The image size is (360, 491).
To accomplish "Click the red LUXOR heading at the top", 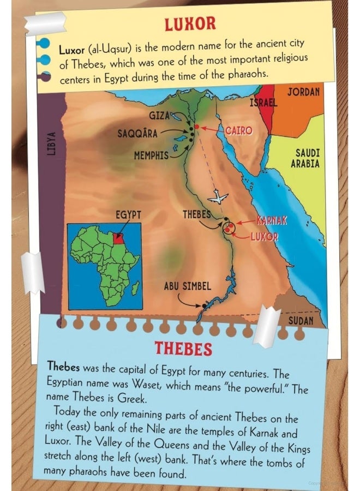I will tap(190, 23).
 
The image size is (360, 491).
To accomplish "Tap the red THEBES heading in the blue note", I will tap(183, 348).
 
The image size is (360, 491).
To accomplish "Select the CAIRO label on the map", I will tap(238, 131).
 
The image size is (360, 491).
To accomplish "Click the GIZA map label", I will tap(160, 116).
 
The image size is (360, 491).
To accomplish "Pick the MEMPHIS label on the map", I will tap(151, 155).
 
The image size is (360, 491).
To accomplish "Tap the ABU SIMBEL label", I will tap(187, 286).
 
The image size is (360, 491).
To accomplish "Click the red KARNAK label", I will tap(272, 220).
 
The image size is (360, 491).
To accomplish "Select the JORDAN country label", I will tap(303, 92).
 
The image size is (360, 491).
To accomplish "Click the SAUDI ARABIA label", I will tap(307, 159).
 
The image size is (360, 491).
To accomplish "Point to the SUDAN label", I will tap(301, 320).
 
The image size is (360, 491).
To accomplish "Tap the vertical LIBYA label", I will tap(51, 143).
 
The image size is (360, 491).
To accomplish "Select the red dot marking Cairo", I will tap(197, 127).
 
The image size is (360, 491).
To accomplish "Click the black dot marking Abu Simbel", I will tap(203, 306).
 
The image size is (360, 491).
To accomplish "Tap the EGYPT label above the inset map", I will tap(128, 214).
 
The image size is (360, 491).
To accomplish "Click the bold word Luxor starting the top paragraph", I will tap(71, 49).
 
